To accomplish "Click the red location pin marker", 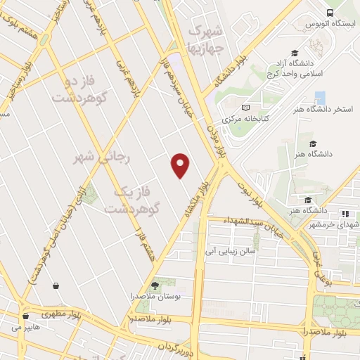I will [181, 165].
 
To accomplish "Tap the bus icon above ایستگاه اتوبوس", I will [331, 13].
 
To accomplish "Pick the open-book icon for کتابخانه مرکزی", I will [245, 108].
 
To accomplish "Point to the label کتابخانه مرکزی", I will [245, 120].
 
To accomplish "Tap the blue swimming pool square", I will [321, 98].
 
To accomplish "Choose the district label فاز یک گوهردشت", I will [134, 199].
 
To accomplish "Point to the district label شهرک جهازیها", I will [207, 39].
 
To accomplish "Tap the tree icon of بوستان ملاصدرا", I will [155, 285].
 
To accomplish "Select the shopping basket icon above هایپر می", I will [26, 315].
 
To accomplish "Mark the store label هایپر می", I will [26, 327].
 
